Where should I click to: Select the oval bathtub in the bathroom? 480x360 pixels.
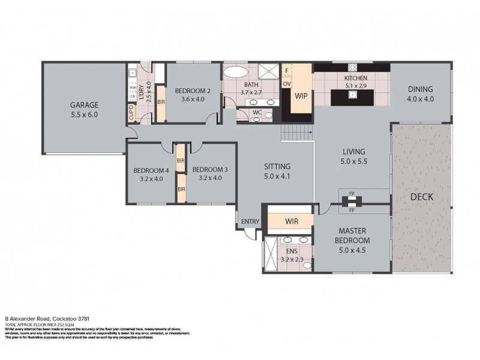(x=232, y=74)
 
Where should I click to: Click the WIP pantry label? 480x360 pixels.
(x=301, y=94)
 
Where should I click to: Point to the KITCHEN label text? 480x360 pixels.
(x=355, y=79)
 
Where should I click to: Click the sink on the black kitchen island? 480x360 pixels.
(x=353, y=94)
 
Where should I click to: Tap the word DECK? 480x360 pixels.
(x=422, y=197)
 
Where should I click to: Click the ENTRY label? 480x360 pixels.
(x=250, y=221)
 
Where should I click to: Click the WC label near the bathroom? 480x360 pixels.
(x=256, y=112)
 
